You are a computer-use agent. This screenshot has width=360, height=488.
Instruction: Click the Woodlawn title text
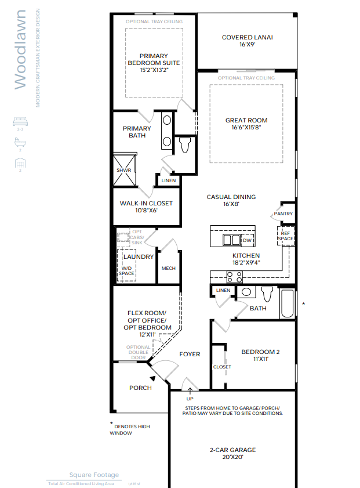(20, 49)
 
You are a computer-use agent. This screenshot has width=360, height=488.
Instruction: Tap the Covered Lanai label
(247, 38)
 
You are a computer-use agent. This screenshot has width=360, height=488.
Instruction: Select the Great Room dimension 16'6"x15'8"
(246, 128)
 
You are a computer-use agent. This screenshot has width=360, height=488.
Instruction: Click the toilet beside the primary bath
(185, 144)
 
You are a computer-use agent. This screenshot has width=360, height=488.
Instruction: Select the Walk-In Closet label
(146, 204)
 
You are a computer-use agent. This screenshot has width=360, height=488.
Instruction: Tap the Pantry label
(283, 214)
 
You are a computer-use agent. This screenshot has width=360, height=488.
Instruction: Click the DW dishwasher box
(248, 240)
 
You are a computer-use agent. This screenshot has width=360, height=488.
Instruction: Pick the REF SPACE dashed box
(285, 236)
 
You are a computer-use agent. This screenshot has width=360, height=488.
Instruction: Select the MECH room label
(168, 268)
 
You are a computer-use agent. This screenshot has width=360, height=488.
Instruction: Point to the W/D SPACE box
(126, 270)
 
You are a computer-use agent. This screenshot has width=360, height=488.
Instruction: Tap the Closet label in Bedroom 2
(222, 367)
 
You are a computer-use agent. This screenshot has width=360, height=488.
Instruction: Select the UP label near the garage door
(190, 399)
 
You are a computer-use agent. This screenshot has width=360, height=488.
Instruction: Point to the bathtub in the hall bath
(288, 304)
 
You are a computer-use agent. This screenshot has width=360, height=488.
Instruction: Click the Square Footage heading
(94, 475)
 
